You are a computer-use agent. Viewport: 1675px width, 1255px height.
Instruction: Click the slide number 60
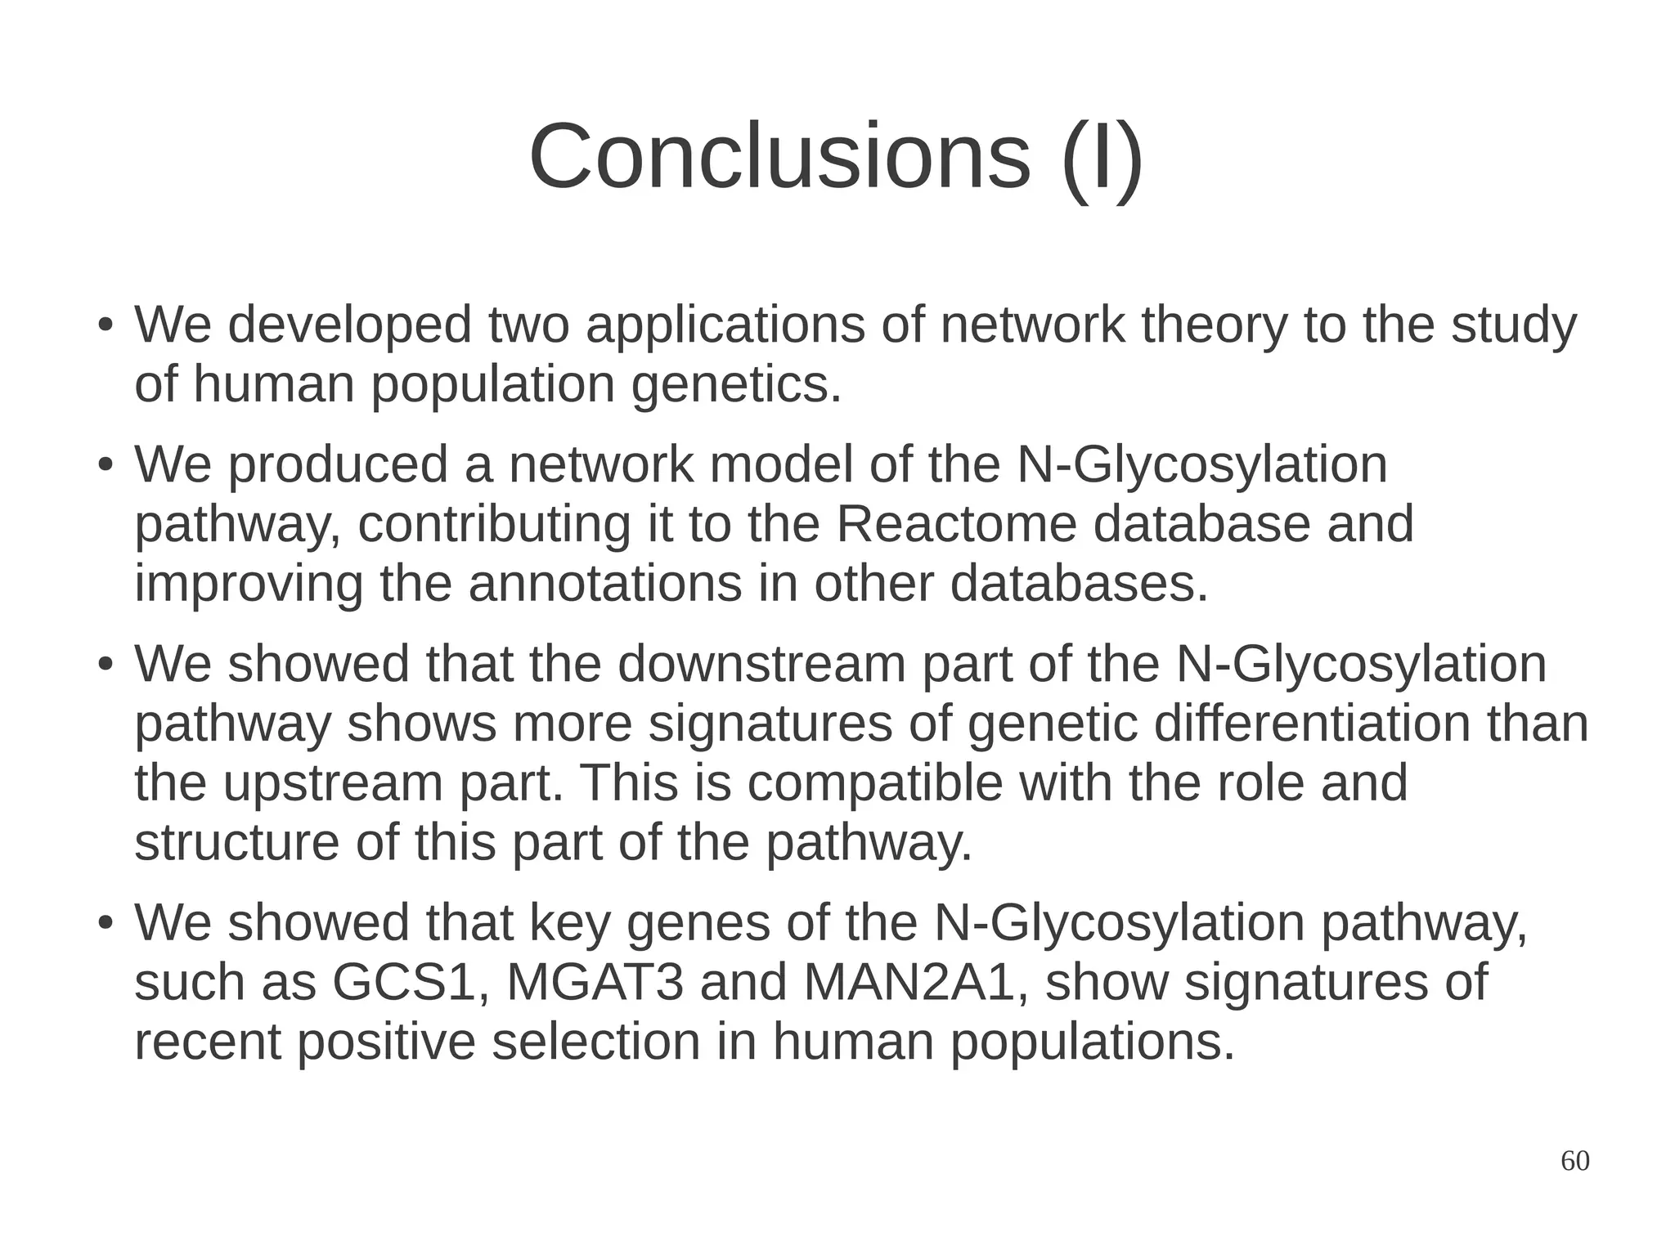(1574, 1161)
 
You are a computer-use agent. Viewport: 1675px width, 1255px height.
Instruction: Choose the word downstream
(761, 664)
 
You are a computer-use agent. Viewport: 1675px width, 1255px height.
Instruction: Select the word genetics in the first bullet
(735, 384)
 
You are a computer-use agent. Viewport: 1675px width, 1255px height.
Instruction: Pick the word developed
(349, 325)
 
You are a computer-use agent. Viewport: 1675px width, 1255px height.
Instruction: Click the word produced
(338, 464)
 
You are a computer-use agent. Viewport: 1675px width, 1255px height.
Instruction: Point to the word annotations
(604, 584)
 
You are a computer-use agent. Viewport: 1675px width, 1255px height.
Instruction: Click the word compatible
(874, 783)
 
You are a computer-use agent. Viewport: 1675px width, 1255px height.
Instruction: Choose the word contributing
(494, 524)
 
